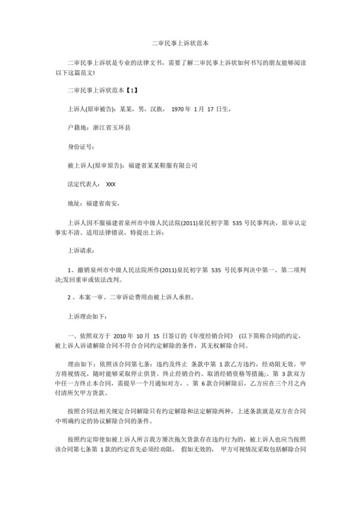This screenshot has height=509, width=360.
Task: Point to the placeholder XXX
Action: (111, 184)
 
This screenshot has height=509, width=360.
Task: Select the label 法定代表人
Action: (83, 184)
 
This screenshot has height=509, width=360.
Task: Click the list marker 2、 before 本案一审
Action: (72, 298)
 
